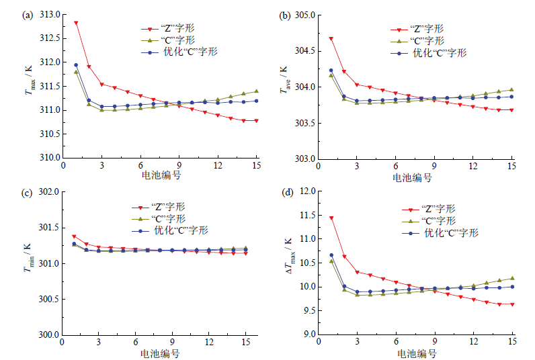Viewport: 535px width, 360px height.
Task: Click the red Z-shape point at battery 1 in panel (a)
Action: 76,23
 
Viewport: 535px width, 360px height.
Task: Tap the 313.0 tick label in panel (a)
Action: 50,14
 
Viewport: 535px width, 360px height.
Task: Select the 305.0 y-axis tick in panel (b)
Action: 304,14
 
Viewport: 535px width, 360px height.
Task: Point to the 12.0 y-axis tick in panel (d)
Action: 306,192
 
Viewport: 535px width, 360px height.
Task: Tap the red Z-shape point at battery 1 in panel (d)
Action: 331,218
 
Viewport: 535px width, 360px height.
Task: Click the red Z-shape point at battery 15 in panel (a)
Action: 256,121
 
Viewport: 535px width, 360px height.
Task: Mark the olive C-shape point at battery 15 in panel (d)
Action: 511,278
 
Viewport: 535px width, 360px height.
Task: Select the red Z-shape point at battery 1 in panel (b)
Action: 331,39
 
